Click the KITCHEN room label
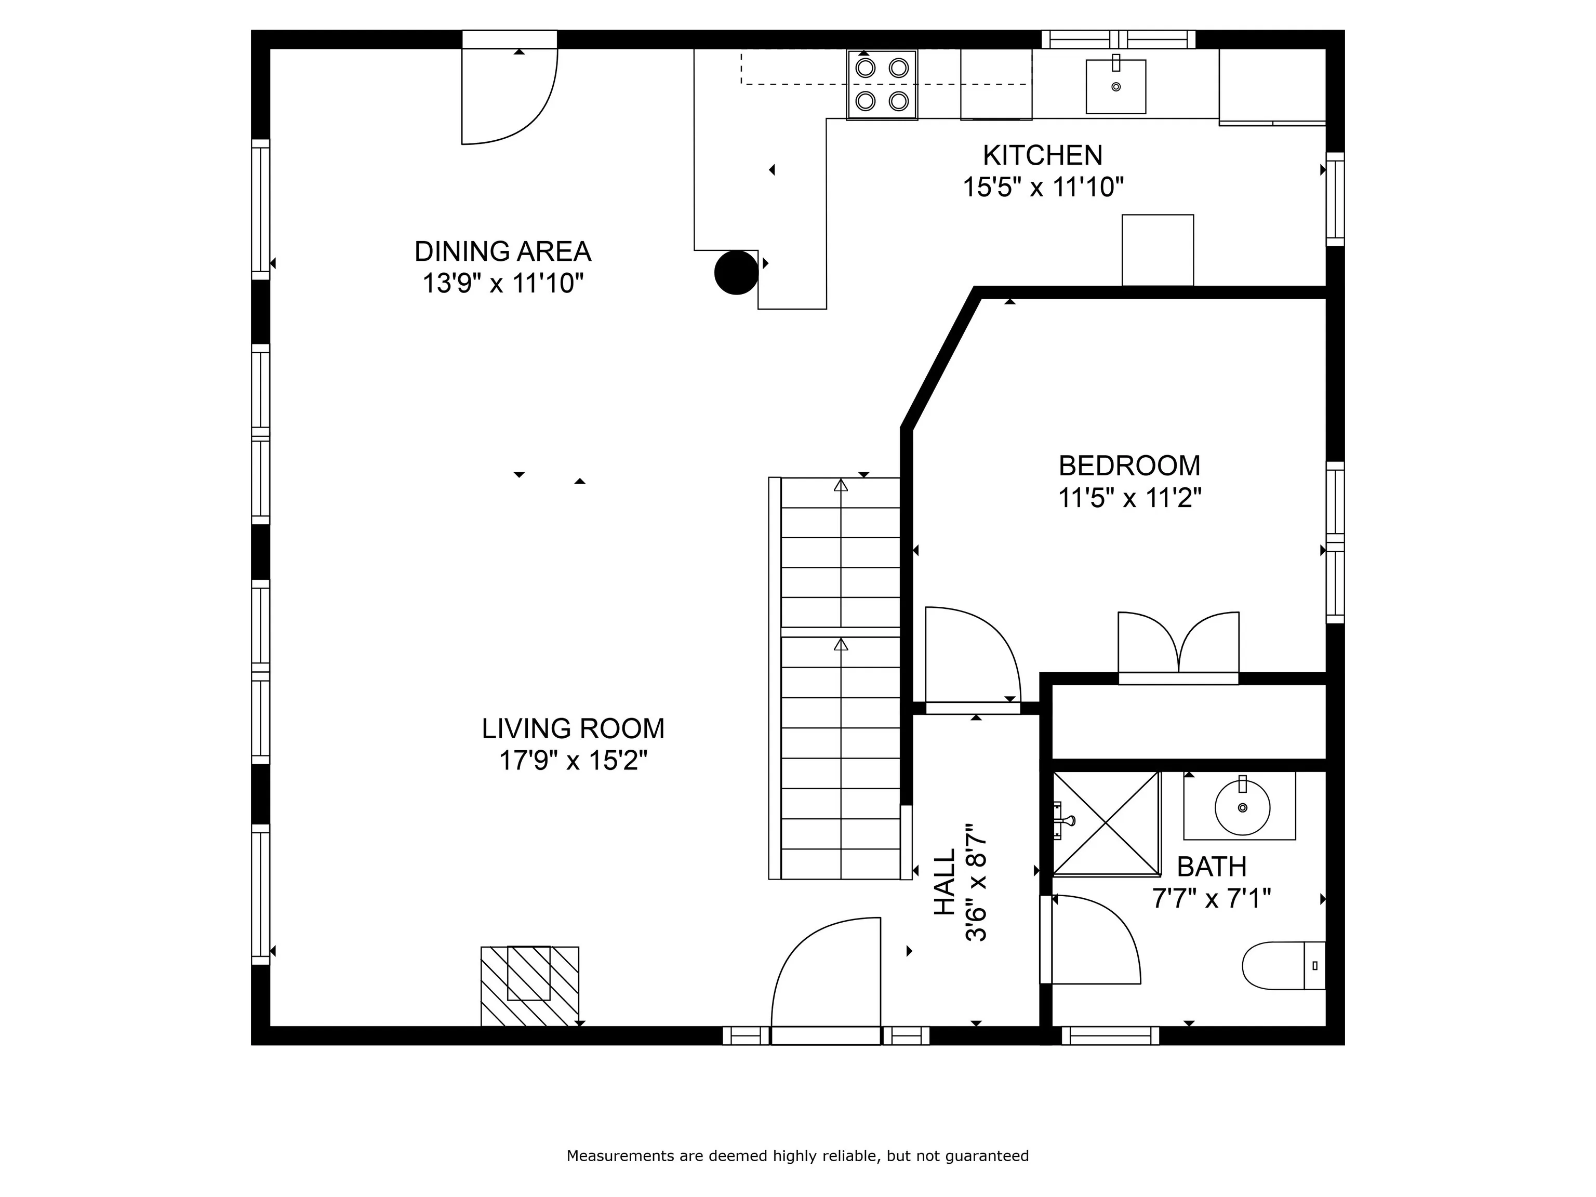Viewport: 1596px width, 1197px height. tap(1043, 155)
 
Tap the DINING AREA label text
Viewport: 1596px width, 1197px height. tap(502, 251)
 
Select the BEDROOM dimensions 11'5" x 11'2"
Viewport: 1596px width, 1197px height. tap(1130, 498)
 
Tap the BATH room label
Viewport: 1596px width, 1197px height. tap(1212, 866)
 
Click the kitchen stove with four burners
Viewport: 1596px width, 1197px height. tap(882, 84)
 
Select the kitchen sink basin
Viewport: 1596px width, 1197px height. tap(1115, 87)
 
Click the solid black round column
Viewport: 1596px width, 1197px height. tap(736, 273)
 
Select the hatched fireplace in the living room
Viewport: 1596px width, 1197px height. tap(529, 986)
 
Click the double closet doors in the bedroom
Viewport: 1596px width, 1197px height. tap(1178, 646)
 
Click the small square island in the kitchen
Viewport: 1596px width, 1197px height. tap(1158, 250)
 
